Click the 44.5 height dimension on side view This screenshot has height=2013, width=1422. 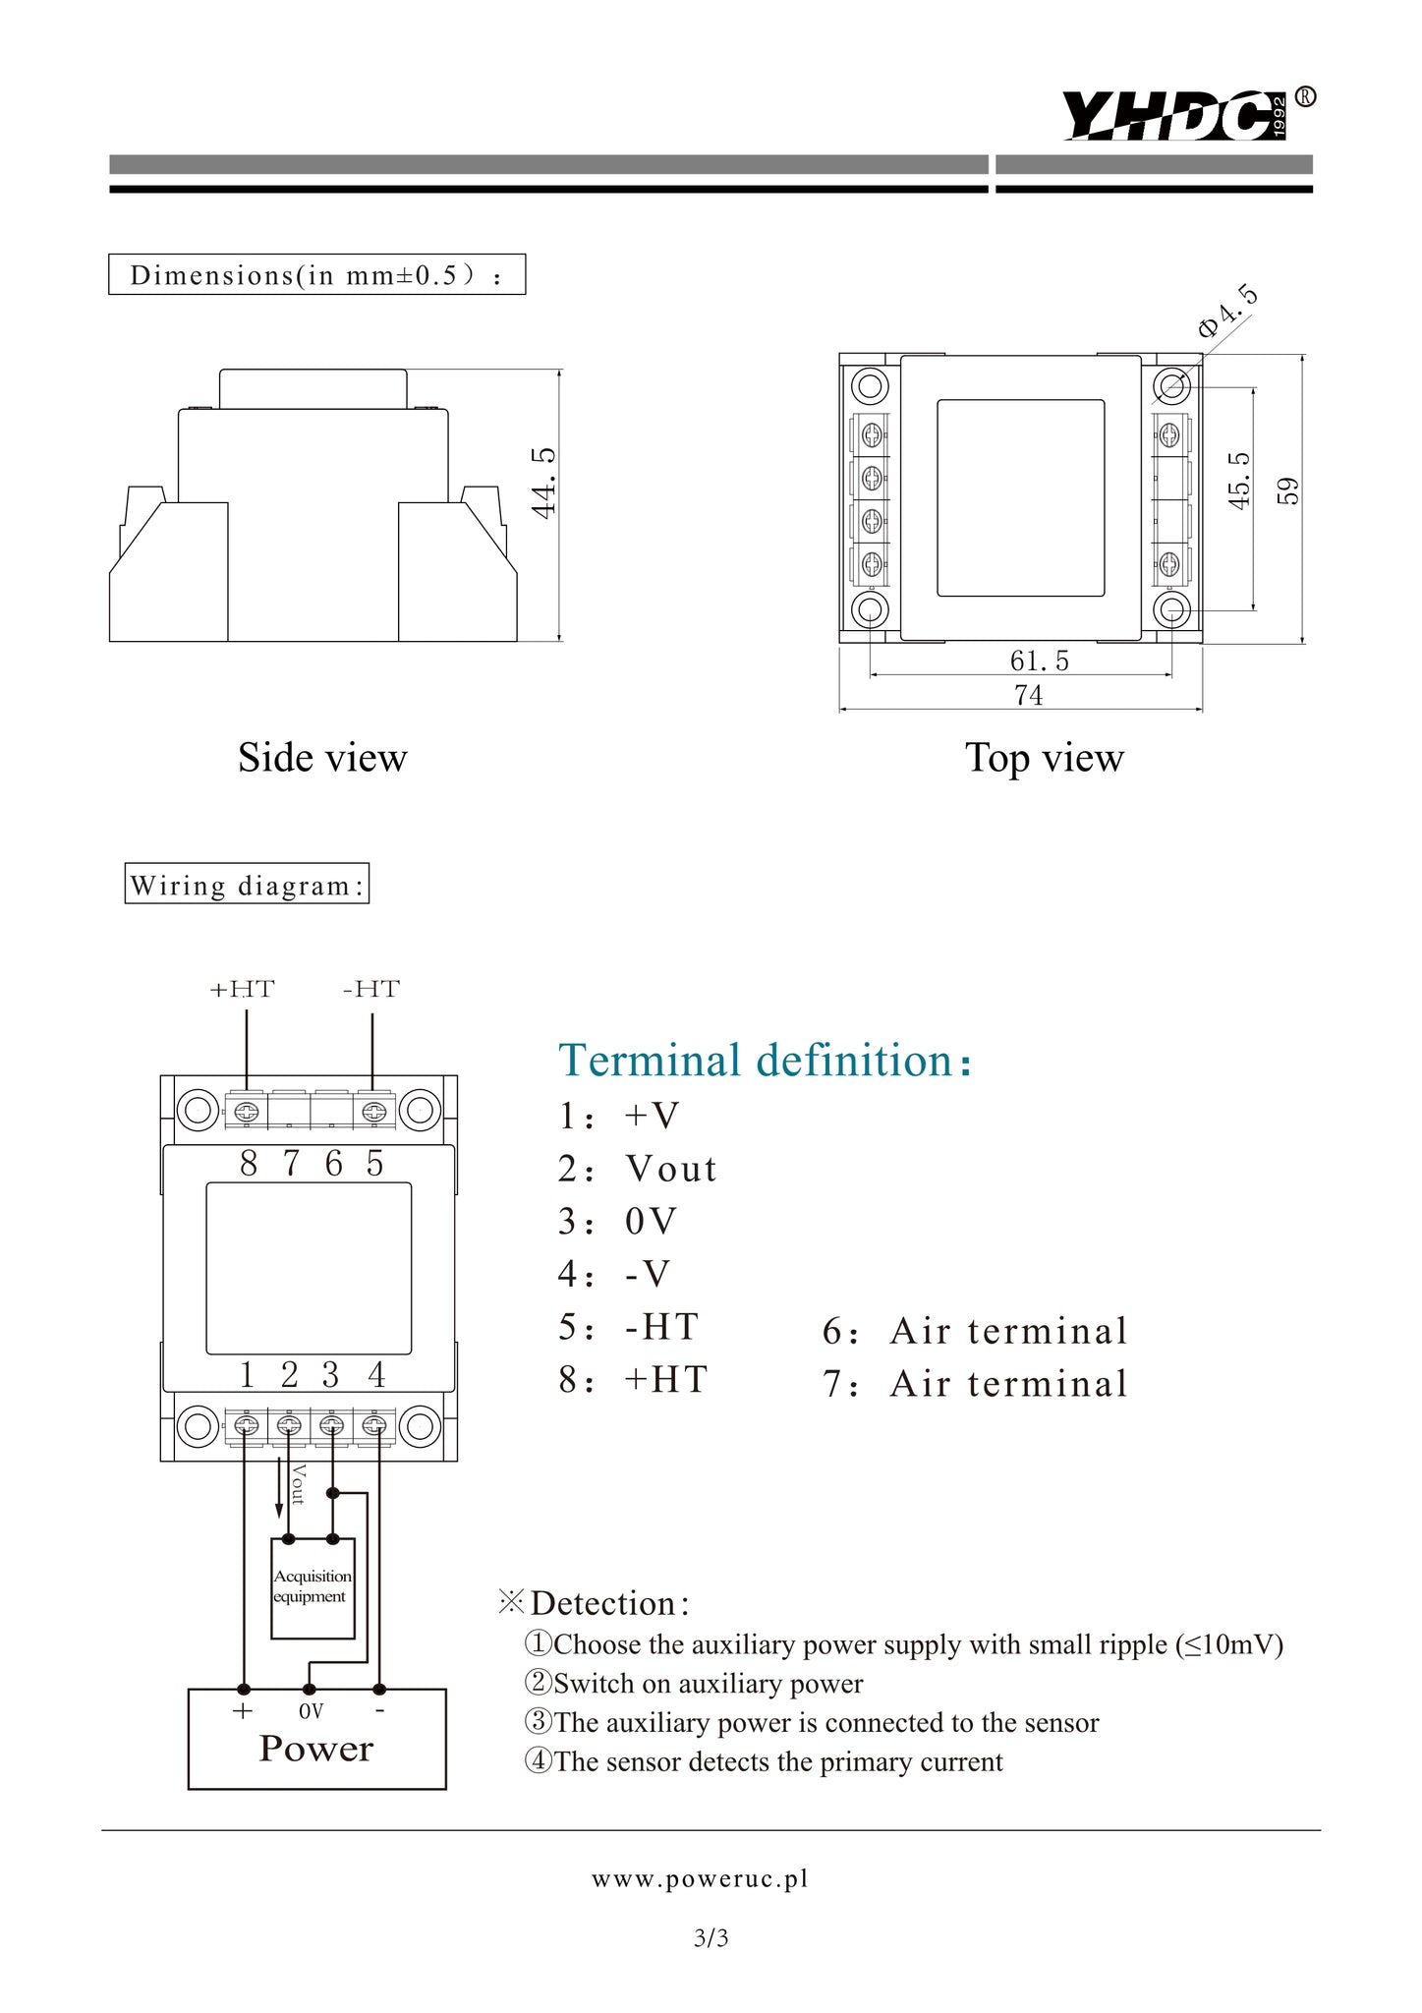pos(543,482)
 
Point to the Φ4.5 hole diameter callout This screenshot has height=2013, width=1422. pos(1227,312)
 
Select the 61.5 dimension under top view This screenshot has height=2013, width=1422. pos(1039,661)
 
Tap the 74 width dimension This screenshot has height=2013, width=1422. pos(1029,695)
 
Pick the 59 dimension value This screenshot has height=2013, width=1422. pos(1287,490)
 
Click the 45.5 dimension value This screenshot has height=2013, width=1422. pos(1239,481)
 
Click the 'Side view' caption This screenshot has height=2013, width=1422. pos(322,758)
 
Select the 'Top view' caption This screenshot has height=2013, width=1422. pos(1044,758)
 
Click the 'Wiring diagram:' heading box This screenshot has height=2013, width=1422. pos(247,883)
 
